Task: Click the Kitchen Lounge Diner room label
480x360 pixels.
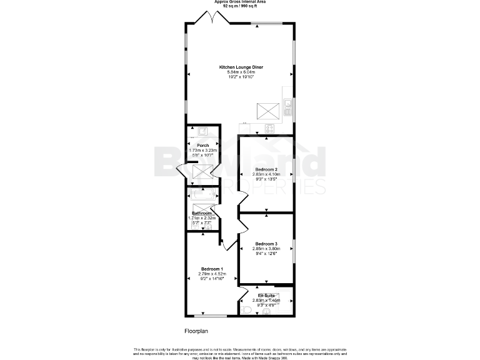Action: (241, 67)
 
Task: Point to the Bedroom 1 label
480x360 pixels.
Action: (204, 269)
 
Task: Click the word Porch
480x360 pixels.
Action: (203, 145)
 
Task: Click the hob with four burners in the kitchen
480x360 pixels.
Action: (270, 128)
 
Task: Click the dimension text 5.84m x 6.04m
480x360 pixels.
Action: (241, 72)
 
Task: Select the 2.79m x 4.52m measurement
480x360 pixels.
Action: (204, 274)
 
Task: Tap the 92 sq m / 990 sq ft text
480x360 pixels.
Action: (239, 6)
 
